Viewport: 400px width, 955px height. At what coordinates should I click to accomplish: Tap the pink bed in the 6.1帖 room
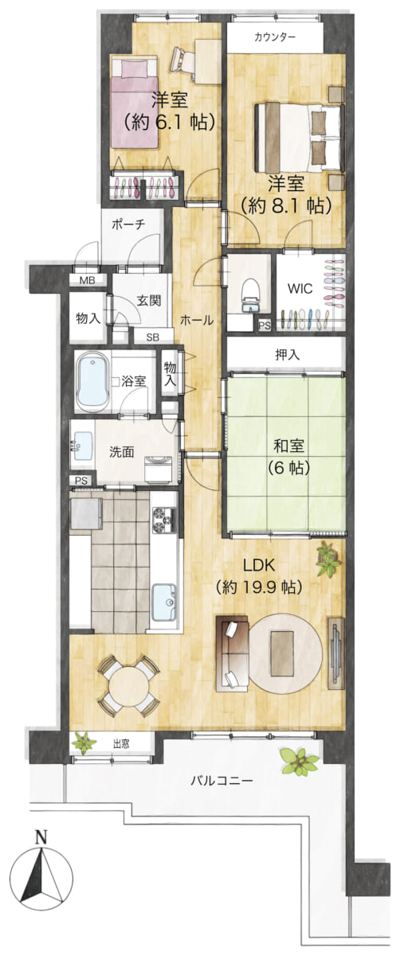coord(135,103)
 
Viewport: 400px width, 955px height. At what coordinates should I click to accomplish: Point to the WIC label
coord(300,289)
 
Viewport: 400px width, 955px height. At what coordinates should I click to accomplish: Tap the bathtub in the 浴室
coord(93,381)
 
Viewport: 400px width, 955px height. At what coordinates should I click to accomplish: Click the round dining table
coord(129,685)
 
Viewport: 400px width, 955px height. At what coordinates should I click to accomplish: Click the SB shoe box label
coord(152,337)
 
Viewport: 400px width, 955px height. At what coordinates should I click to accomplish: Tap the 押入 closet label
coord(287,354)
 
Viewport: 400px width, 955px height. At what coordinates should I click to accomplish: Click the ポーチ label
coord(129,224)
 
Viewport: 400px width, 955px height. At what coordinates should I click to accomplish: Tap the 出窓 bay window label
coord(121,744)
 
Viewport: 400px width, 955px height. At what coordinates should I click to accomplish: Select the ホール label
coord(196,320)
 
